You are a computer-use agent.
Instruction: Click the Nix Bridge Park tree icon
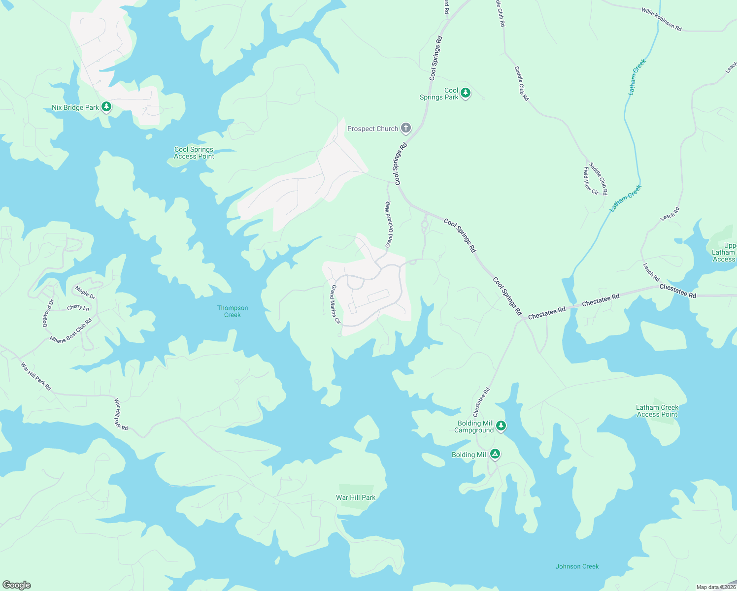106,107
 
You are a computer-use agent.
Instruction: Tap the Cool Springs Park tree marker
465,93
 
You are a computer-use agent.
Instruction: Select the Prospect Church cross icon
405,129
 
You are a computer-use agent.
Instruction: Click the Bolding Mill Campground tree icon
501,426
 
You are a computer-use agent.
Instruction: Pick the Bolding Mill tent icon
495,454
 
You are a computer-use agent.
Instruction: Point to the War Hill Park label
355,497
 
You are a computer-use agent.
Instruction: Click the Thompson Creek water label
233,311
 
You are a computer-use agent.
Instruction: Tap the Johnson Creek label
577,566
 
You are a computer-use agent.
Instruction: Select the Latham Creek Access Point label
657,411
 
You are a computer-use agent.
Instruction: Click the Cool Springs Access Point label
194,153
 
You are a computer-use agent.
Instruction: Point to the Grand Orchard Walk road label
389,225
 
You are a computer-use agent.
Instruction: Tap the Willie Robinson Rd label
661,19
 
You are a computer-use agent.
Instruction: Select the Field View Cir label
590,181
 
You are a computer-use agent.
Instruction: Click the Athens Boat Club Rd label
71,331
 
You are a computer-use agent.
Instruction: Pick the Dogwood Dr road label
48,313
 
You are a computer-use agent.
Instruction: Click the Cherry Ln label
78,307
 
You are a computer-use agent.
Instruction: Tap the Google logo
16,585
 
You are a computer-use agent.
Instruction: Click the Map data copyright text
715,587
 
